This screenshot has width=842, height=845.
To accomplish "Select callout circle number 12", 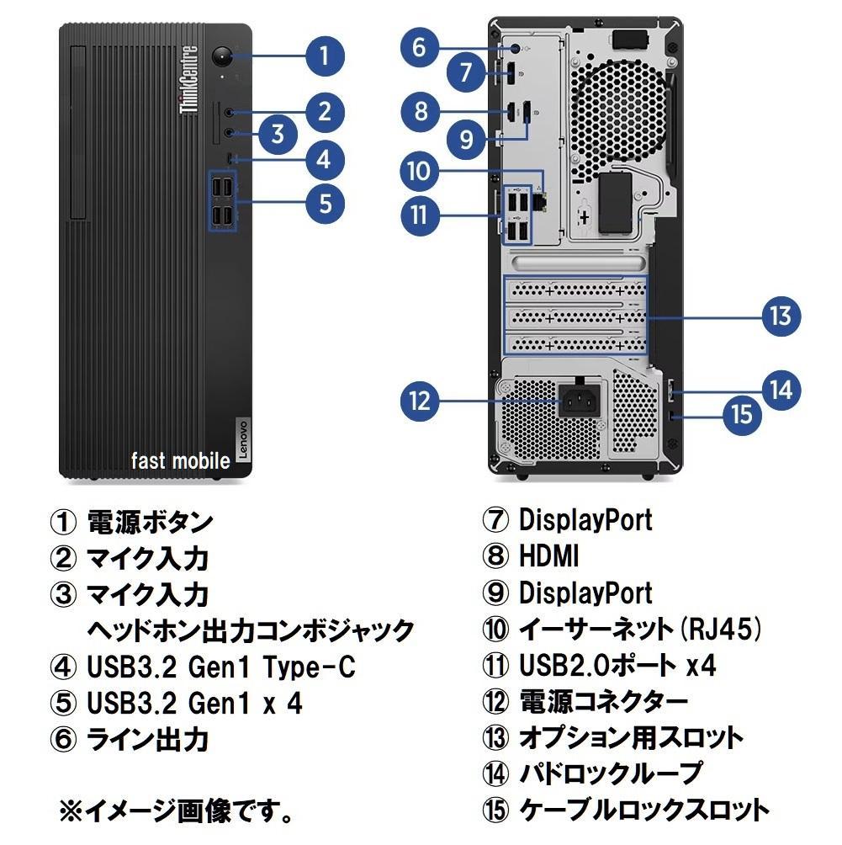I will pos(421,400).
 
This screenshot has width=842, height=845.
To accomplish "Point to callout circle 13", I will pos(781,316).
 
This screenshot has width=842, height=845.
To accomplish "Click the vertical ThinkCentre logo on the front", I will pos(189,81).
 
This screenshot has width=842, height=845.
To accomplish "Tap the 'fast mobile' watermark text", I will pos(180,460).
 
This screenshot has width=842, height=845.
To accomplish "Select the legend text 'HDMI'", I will pos(548,555).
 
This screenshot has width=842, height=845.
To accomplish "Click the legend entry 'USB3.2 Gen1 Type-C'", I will pos(220,667).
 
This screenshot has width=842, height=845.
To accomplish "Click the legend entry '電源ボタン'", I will pos(150,522).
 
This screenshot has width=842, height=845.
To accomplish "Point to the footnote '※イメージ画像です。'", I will pos(177,812).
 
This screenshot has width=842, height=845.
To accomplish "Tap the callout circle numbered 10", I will pos(420,172).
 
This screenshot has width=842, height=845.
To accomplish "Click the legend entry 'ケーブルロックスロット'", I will pos(643,810).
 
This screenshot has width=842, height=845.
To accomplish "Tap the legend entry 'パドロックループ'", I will pos(610,772).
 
